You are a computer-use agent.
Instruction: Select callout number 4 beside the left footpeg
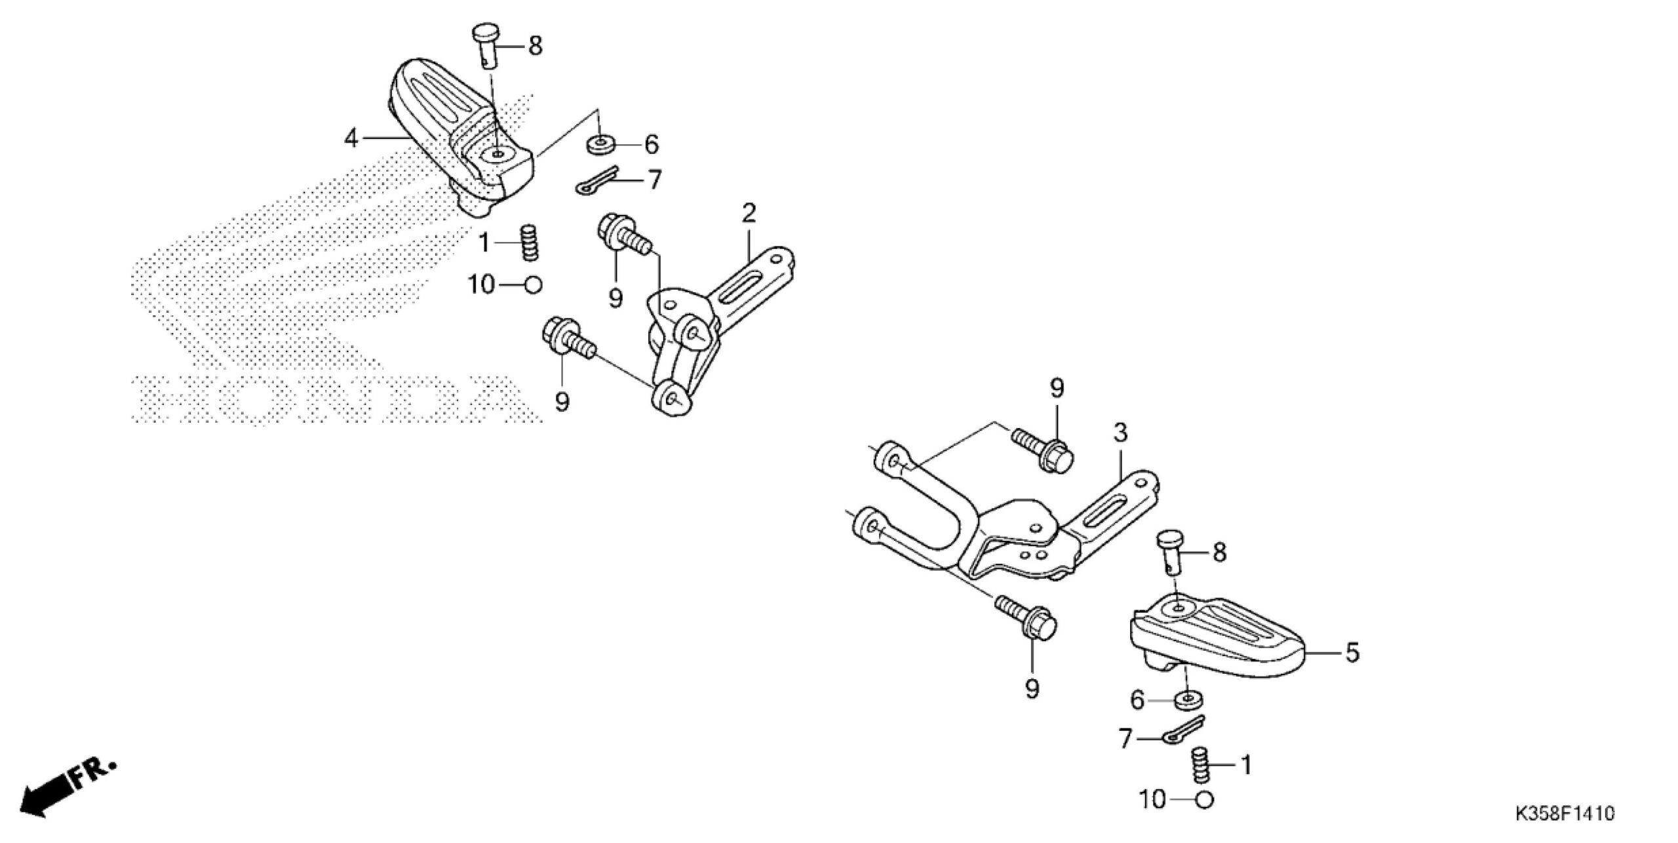point(352,138)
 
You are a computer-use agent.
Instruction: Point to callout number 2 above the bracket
point(749,213)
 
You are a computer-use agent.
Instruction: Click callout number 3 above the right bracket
point(1120,433)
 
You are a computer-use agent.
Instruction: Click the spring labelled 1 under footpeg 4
point(530,243)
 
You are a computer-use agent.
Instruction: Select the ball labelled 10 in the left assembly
point(534,285)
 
